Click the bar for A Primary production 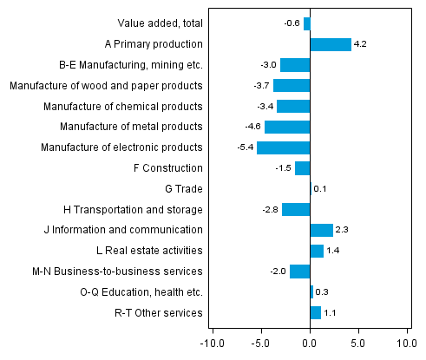[331, 44]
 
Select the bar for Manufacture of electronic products [284, 147]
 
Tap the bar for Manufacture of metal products [287, 127]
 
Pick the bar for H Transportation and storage [296, 209]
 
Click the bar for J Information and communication [321, 230]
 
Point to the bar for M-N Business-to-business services [300, 272]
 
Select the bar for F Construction [303, 168]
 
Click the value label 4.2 [360, 44]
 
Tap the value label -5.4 [246, 147]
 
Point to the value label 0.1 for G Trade [319, 189]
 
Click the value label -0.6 [292, 23]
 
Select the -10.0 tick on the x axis [212, 342]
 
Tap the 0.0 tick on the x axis [310, 342]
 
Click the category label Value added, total [160, 23]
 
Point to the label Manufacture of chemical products [123, 106]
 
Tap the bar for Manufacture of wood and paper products [292, 85]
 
